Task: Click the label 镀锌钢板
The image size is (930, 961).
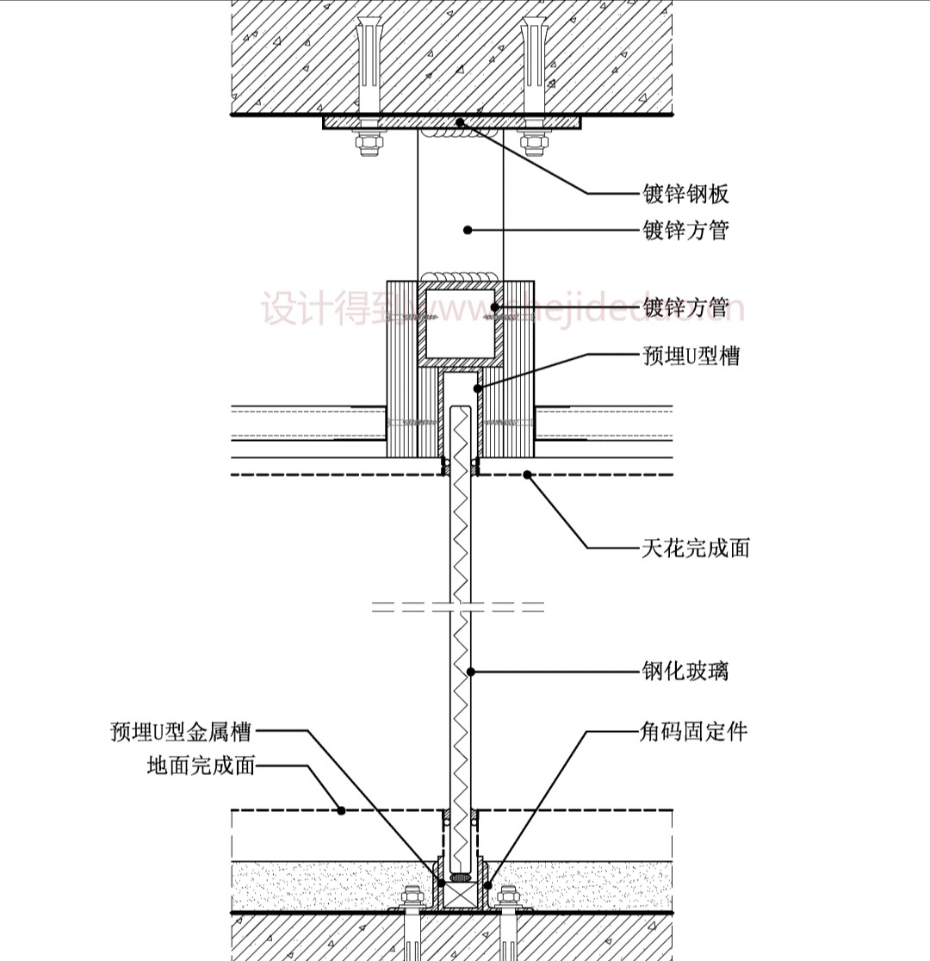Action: tap(685, 194)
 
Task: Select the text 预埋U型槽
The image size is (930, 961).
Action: tap(691, 355)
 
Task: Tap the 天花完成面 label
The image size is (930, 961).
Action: tap(695, 547)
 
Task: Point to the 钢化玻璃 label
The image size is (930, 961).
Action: tap(685, 670)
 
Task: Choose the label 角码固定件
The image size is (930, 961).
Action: tap(693, 732)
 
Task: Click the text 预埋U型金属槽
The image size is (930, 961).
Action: tap(181, 732)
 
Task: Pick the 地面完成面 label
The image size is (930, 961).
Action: tap(201, 765)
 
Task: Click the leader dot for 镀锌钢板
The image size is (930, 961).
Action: tap(461, 122)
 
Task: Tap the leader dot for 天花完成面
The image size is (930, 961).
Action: tap(527, 474)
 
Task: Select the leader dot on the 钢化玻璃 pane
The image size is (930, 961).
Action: tap(471, 671)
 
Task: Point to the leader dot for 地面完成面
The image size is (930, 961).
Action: tap(341, 809)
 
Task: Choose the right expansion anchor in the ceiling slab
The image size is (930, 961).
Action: tap(534, 65)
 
